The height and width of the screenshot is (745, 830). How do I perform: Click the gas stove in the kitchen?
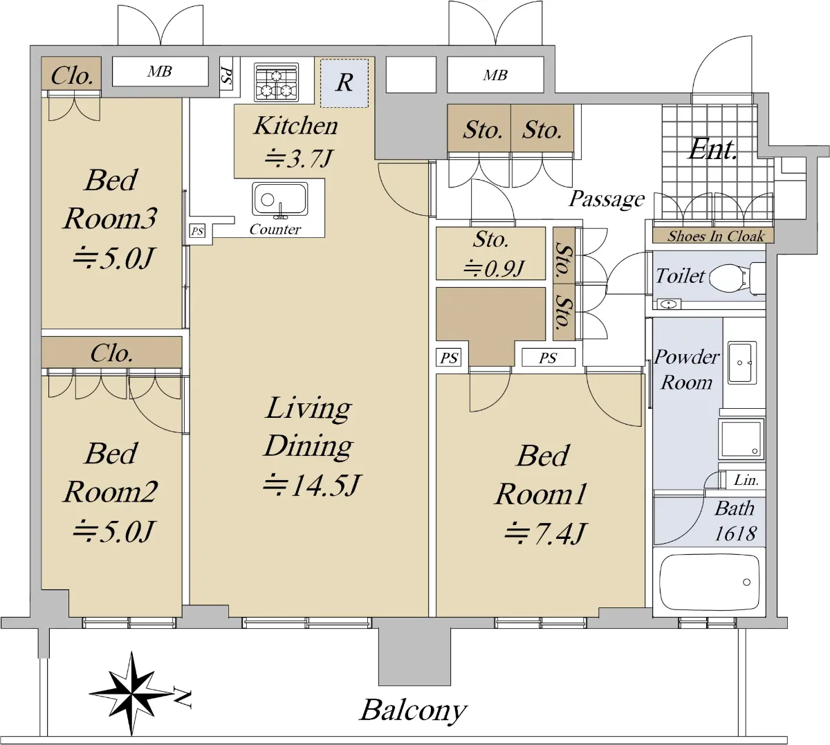click(x=276, y=82)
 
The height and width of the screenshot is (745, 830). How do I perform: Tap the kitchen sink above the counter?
click(x=280, y=199)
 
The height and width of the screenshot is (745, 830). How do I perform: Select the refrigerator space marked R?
click(x=344, y=83)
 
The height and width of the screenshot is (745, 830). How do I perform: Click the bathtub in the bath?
click(x=709, y=582)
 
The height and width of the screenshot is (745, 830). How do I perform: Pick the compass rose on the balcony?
click(x=131, y=693)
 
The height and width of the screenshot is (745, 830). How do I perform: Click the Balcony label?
click(x=413, y=710)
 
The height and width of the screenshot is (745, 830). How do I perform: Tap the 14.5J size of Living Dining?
click(x=311, y=485)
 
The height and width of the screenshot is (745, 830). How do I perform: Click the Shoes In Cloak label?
click(x=716, y=236)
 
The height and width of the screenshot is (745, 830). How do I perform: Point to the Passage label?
click(x=607, y=199)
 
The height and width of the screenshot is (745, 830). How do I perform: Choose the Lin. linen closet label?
click(x=746, y=480)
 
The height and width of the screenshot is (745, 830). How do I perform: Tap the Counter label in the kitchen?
click(x=275, y=229)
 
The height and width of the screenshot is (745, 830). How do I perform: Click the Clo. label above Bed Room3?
click(x=72, y=75)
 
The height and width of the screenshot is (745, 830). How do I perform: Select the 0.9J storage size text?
click(x=494, y=268)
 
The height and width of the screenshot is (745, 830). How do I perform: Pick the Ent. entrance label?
click(x=713, y=149)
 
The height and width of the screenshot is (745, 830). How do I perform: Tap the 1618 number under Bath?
click(x=735, y=533)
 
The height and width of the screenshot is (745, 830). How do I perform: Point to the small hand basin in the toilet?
click(x=669, y=304)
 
